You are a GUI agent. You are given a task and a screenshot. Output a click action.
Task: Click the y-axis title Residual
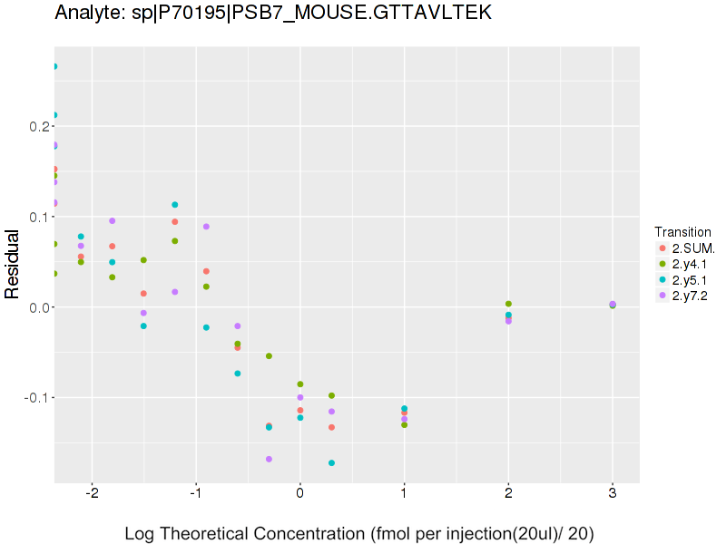13,265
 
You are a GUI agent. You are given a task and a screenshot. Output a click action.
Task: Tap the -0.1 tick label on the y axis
34,398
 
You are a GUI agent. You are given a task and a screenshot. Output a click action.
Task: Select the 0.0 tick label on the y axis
36,307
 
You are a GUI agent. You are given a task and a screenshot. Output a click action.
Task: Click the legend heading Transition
682,232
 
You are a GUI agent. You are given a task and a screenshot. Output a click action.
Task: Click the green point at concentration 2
508,304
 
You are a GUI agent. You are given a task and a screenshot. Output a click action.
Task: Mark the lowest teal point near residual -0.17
331,463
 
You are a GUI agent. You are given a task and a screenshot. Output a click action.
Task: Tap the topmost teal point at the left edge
54,66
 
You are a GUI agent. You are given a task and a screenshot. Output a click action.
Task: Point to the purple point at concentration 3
613,305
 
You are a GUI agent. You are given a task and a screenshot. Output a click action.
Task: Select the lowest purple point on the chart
269,460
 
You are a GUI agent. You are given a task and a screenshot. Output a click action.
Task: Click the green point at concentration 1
404,425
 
